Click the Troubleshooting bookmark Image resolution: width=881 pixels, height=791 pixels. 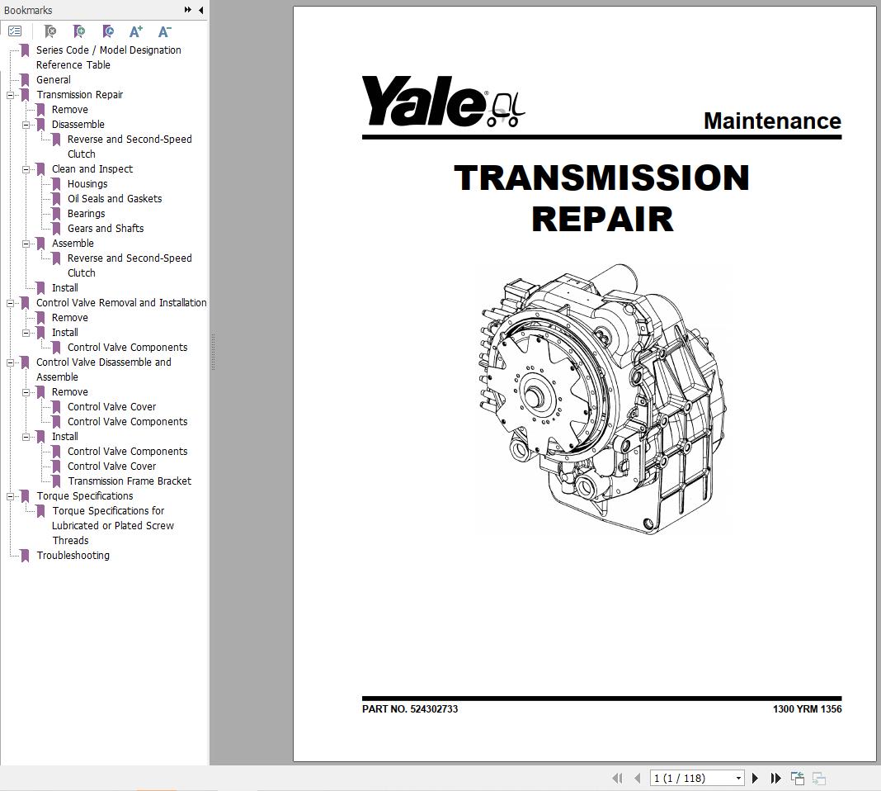73,556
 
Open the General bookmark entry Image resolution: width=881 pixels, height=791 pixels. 54,80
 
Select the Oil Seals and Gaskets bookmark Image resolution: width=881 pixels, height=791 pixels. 115,198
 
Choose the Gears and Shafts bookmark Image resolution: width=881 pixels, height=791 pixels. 106,228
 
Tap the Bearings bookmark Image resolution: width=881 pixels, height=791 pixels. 86,214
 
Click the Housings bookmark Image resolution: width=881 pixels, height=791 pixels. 87,184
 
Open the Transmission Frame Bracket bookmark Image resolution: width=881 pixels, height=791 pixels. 130,481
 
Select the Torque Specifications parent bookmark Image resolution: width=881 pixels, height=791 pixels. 85,496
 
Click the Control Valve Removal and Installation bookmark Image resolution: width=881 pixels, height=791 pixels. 121,302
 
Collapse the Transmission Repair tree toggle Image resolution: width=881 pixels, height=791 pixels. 10,96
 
